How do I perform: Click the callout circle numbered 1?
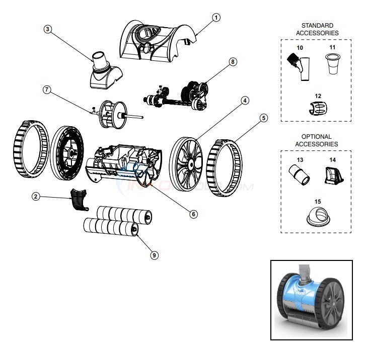[x=215, y=18]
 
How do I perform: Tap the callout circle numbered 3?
[x=48, y=30]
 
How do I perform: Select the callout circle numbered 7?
[x=46, y=90]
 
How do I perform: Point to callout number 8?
[x=232, y=61]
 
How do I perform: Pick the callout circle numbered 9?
[x=155, y=255]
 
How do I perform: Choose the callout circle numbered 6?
[x=193, y=213]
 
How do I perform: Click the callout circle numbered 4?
[x=244, y=100]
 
